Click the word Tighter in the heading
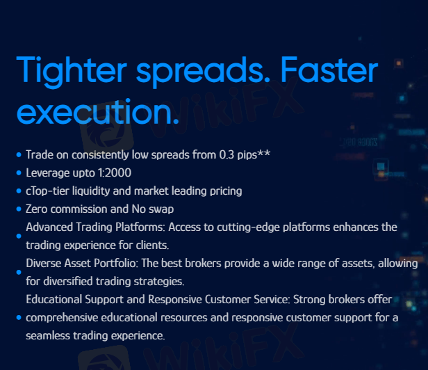pyautogui.click(x=72, y=71)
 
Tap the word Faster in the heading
pyautogui.click(x=329, y=70)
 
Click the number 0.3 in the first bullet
pyautogui.click(x=227, y=154)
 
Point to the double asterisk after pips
pyautogui.click(x=264, y=153)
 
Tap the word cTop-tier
pyautogui.click(x=47, y=191)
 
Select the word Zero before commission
pyautogui.click(x=37, y=209)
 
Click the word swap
pyautogui.click(x=161, y=209)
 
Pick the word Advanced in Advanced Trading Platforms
pyautogui.click(x=49, y=227)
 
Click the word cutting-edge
pyautogui.click(x=248, y=227)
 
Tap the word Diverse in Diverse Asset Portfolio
pyautogui.click(x=44, y=263)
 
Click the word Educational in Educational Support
pyautogui.click(x=53, y=299)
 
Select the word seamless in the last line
pyautogui.click(x=48, y=335)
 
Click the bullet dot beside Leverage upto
pyautogui.click(x=19, y=172)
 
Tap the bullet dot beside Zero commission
pyautogui.click(x=19, y=209)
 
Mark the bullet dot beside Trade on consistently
pyautogui.click(x=19, y=154)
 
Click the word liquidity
pyautogui.click(x=90, y=191)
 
